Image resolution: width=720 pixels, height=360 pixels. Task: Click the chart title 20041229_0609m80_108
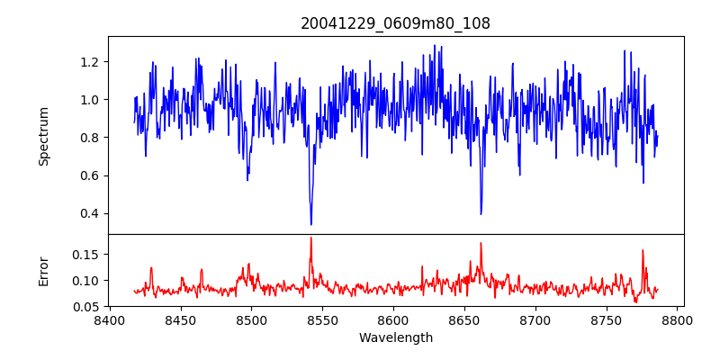(395, 23)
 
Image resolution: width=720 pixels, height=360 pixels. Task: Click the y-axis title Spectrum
(44, 136)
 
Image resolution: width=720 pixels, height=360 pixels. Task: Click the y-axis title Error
(44, 271)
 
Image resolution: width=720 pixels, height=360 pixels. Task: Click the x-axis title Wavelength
(395, 337)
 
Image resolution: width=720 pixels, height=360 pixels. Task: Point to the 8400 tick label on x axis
(110, 319)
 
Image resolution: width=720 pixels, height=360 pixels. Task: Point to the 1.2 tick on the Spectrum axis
(90, 62)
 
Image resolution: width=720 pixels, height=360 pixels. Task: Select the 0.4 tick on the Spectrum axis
(90, 213)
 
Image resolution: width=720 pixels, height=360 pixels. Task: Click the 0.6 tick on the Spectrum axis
(90, 175)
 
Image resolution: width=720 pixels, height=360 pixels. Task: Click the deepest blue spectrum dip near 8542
(311, 224)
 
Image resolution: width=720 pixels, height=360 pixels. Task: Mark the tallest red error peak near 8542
(311, 238)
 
